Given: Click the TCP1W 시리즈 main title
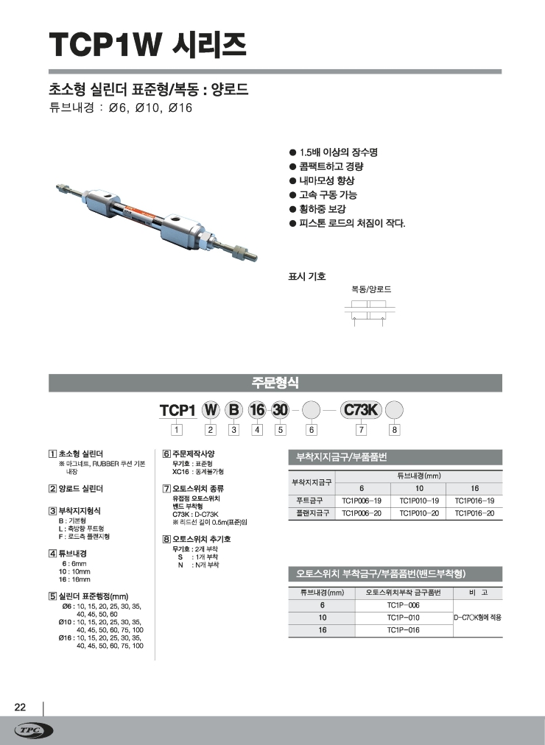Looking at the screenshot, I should [147, 46].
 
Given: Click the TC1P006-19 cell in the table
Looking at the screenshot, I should [362, 501].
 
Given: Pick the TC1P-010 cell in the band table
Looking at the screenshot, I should [403, 618].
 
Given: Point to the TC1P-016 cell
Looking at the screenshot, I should [403, 630].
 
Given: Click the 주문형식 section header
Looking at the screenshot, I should [275, 383].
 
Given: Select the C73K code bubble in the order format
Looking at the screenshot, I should [361, 410].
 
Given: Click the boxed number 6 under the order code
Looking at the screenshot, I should [312, 429].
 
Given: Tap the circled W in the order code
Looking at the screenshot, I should [211, 410].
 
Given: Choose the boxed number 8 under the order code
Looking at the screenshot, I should [395, 429].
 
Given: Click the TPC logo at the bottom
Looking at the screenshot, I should [34, 730].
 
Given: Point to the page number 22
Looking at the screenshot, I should [21, 707].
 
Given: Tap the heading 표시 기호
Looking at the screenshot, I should [306, 277].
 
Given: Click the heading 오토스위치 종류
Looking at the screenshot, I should [198, 488].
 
